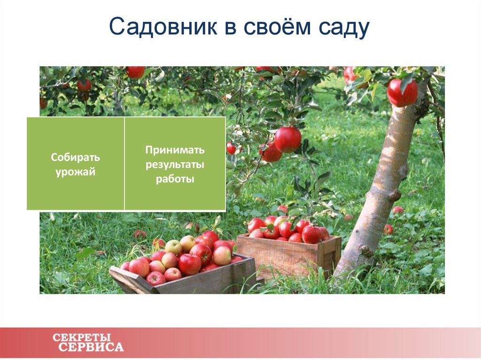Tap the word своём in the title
(x=275, y=29)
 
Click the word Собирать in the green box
(x=75, y=157)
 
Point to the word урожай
(x=75, y=172)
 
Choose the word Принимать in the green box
(x=175, y=150)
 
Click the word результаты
(x=175, y=165)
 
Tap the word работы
(x=175, y=179)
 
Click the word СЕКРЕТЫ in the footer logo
(x=82, y=337)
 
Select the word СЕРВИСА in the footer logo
(x=91, y=347)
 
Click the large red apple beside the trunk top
(x=402, y=92)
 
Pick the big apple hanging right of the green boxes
(x=287, y=139)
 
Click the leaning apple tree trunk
(x=383, y=188)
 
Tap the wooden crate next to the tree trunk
(x=287, y=256)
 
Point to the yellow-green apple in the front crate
(x=173, y=247)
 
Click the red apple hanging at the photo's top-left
(x=135, y=72)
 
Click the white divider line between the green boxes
(x=124, y=163)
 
